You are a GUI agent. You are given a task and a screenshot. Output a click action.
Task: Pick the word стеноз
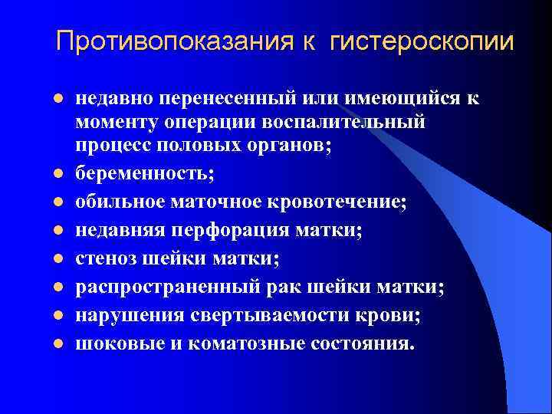click(105, 258)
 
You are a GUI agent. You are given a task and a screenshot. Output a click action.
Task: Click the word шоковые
click(112, 343)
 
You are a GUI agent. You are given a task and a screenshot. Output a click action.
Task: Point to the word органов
click(294, 149)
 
